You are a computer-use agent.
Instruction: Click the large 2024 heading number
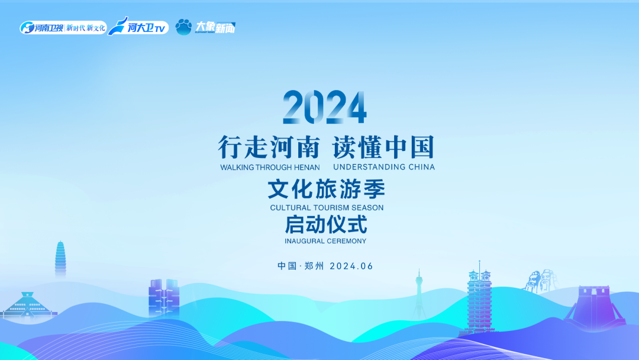pos(324,108)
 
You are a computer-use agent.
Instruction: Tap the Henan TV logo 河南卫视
pos(43,28)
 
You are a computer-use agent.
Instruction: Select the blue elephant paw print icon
pos(183,27)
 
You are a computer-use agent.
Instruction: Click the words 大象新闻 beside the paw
pos(215,27)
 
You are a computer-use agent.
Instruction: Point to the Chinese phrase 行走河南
pos(269,147)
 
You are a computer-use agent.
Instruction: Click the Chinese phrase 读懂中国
pos(383,147)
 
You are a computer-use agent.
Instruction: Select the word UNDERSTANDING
pos(366,167)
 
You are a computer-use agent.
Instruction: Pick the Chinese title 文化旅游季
pos(326,189)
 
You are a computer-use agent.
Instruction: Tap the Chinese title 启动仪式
pos(326,225)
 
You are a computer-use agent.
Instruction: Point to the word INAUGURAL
pos(304,241)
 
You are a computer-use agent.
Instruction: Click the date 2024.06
pos(351,266)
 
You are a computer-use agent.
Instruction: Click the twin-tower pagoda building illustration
pos(480,299)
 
